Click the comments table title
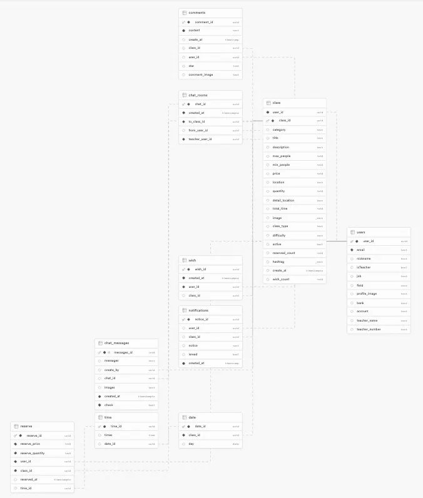[x=197, y=13]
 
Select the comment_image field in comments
[x=201, y=74]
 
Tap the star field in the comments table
[x=191, y=66]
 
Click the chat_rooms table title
[x=198, y=95]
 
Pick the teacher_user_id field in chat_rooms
[x=200, y=139]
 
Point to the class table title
[x=277, y=103]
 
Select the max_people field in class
[x=281, y=156]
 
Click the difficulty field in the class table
[x=279, y=235]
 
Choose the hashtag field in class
[x=279, y=262]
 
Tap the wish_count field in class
[x=281, y=279]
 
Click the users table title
[x=361, y=232]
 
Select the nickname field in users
[x=364, y=258]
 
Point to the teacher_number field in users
[x=369, y=328]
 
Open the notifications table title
[x=198, y=310]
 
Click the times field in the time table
[x=108, y=435]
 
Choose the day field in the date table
[x=191, y=444]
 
